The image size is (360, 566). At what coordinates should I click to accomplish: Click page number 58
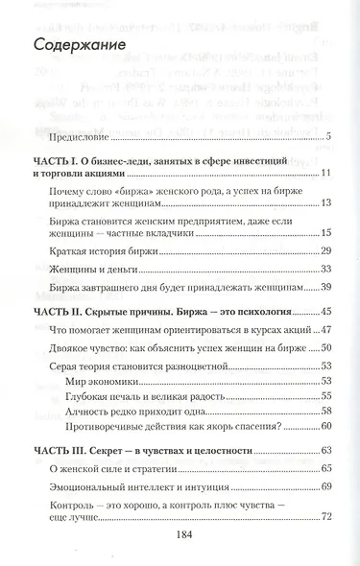325,412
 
